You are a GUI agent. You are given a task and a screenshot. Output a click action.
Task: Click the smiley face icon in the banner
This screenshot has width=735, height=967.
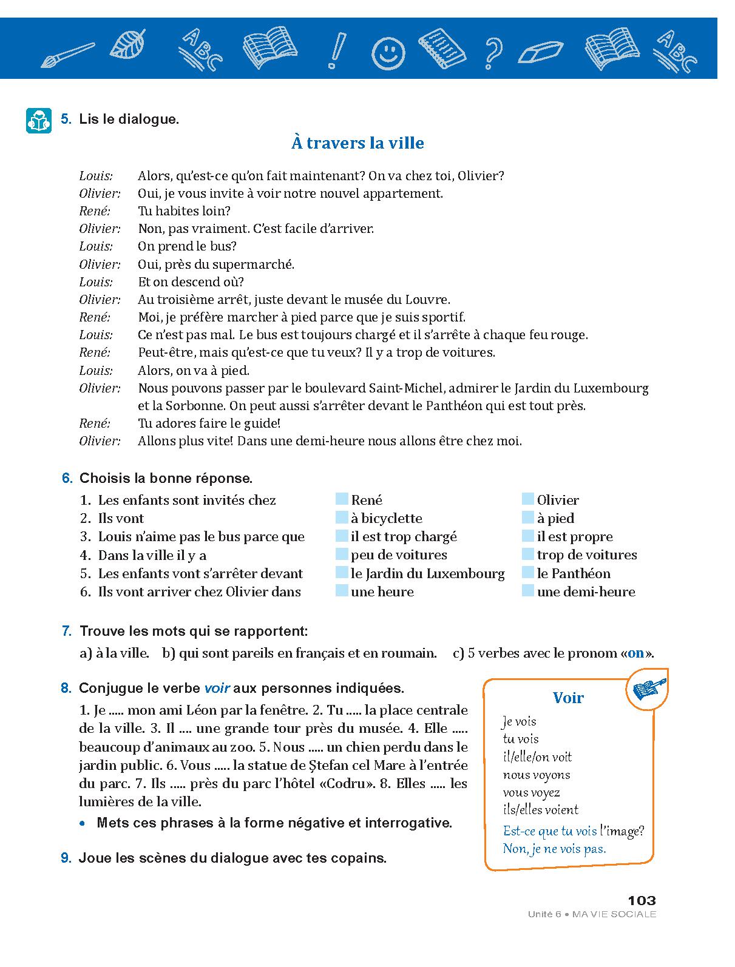388,53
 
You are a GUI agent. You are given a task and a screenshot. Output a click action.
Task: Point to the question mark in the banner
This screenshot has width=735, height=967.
493,52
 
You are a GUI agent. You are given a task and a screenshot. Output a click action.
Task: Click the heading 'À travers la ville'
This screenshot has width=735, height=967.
357,143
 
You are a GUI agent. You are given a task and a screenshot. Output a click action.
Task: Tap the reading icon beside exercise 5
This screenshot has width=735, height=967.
39,120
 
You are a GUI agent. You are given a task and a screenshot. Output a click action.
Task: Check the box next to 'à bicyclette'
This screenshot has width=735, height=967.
342,518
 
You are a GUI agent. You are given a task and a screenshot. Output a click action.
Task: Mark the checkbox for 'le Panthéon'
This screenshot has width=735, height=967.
528,573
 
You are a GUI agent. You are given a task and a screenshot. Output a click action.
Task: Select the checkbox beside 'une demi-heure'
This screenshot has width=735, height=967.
528,591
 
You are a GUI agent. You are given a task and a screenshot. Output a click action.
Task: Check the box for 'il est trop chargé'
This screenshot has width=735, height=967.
342,536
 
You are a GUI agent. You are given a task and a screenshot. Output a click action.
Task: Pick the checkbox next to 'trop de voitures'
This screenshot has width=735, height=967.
528,554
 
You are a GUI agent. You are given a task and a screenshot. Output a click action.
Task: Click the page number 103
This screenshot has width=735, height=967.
642,900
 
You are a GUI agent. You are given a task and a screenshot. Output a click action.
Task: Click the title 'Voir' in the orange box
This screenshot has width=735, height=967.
568,698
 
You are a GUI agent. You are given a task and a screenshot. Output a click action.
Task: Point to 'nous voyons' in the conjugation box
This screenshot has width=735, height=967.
537,775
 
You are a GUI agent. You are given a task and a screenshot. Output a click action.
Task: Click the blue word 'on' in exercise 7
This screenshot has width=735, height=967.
635,653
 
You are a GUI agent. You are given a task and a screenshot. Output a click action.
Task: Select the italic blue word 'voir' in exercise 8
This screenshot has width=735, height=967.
217,689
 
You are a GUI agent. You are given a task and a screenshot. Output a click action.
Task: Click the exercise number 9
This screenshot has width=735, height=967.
67,858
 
